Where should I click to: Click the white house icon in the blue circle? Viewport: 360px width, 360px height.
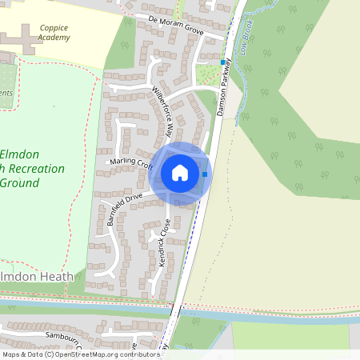pos(180,173)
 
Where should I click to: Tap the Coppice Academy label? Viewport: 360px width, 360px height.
pos(54,32)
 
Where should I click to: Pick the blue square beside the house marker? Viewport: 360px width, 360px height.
pos(206,174)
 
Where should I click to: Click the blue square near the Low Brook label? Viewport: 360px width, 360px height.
pos(223,62)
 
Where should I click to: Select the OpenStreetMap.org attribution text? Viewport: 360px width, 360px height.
pos(88,354)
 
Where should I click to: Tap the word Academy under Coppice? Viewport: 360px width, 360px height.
pos(54,38)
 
